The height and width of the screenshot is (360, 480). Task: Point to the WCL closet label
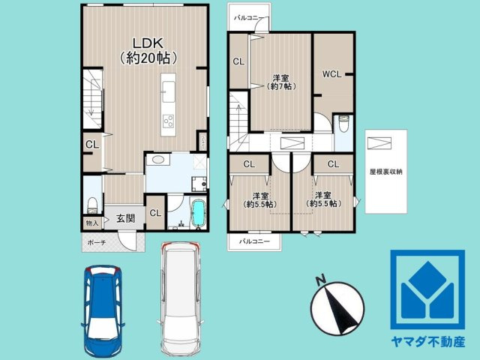(x=332, y=73)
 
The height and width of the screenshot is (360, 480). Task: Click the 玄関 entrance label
(x=125, y=219)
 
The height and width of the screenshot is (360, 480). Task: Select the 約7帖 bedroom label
(x=282, y=82)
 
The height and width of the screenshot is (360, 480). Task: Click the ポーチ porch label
(x=97, y=242)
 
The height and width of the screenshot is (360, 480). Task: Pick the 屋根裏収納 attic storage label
(x=385, y=172)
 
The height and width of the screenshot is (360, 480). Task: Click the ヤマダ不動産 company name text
(x=427, y=341)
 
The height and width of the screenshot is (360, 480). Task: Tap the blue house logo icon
(x=427, y=289)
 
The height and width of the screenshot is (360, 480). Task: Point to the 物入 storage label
(x=91, y=223)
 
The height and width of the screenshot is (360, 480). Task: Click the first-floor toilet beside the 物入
(x=91, y=203)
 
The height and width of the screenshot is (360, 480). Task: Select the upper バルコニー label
(x=247, y=16)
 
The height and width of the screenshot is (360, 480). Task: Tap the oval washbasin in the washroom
(x=159, y=160)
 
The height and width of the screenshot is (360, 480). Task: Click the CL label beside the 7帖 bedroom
(x=238, y=62)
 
